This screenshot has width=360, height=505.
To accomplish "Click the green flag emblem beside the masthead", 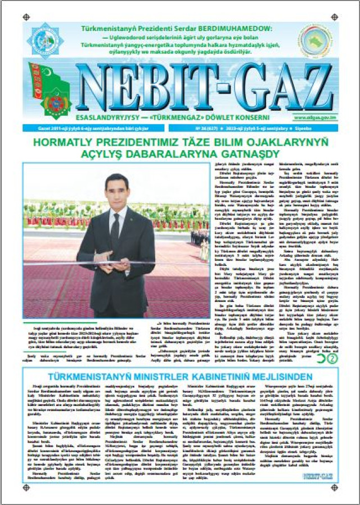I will click(49, 89).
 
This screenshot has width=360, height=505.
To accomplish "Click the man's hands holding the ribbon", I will click(105, 258).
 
